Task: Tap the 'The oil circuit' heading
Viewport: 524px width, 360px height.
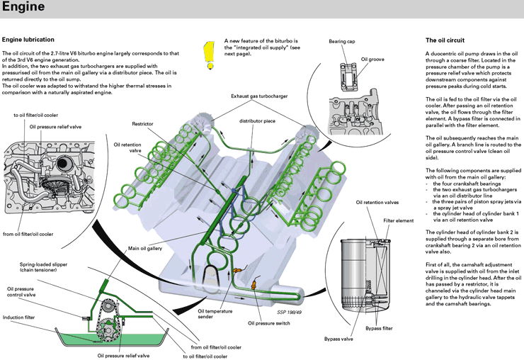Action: point(445,39)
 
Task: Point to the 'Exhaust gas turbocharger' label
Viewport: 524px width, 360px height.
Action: point(260,95)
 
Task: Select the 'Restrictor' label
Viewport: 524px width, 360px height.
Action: point(143,123)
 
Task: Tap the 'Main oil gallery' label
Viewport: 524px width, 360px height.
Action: point(147,249)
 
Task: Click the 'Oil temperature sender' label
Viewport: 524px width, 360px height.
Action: point(215,314)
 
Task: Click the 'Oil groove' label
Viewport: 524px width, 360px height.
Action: point(372,59)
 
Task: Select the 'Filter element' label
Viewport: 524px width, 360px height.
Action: point(399,220)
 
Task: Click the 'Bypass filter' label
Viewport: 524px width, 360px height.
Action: point(380,328)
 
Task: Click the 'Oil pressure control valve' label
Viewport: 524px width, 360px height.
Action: point(25,292)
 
